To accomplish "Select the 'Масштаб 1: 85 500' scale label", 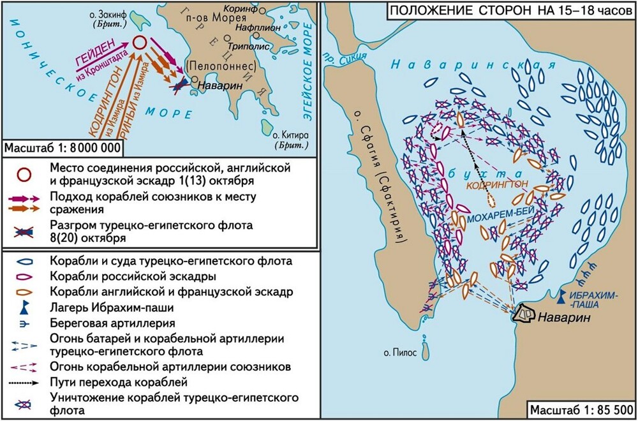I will tap(579, 409).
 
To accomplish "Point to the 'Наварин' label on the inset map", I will tap(213, 84).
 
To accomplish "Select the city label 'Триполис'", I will tap(238, 46).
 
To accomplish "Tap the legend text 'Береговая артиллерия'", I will tap(107, 323).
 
